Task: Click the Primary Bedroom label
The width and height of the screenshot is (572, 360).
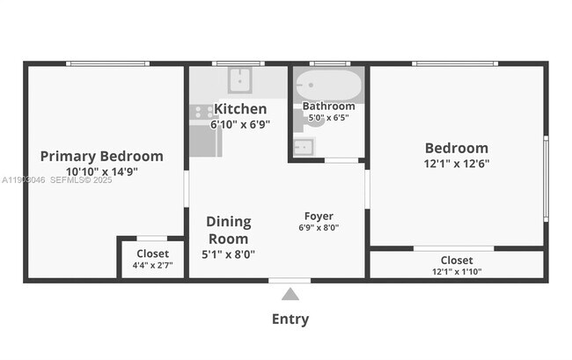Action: tap(101, 157)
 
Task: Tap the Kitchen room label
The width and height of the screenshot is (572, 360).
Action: tap(240, 109)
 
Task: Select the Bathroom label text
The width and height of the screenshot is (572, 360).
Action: tap(328, 107)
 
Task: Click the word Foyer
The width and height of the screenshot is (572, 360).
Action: tap(319, 216)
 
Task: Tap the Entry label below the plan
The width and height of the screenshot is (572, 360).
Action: tap(290, 320)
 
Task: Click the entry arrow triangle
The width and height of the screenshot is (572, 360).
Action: tap(290, 294)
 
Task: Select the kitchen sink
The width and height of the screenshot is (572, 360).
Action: tap(239, 80)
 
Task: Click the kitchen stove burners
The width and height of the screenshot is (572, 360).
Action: tap(202, 112)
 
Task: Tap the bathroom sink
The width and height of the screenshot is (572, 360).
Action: tap(303, 145)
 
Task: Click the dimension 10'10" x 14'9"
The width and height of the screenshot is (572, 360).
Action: tap(101, 172)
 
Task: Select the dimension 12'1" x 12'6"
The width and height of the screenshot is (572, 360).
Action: tap(456, 163)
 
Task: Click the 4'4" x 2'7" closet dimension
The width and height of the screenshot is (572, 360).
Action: tap(152, 265)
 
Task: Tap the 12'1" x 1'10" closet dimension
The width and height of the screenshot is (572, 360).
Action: tap(456, 272)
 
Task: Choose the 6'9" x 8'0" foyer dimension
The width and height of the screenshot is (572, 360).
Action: tap(319, 228)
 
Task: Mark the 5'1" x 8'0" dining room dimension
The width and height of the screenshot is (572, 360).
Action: tap(228, 254)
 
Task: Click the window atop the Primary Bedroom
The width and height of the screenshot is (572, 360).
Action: tap(107, 63)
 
